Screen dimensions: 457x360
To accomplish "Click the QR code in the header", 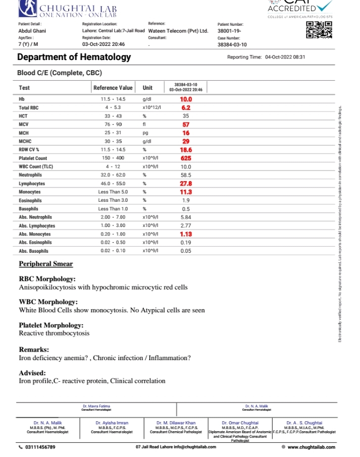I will (320, 29).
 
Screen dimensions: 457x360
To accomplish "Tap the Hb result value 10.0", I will (186, 99).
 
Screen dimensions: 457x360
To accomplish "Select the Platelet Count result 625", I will (186, 158).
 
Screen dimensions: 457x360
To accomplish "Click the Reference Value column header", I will (113, 88).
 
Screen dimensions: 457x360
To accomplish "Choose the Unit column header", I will (147, 88).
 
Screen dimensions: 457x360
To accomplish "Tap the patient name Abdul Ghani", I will (32, 31).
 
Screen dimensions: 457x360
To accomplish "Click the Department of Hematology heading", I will (74, 57).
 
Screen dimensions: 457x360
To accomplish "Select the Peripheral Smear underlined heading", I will (46, 264).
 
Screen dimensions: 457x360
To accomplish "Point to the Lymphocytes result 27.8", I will (186, 184).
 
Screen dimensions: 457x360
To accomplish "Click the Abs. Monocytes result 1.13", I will (186, 234).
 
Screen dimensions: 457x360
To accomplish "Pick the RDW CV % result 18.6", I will (186, 150).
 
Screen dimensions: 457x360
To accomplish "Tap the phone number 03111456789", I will (40, 447).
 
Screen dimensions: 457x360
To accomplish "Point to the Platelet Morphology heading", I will (51, 325).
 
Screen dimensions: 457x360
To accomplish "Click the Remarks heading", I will (34, 350).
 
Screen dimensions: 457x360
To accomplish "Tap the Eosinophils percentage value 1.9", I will (186, 200).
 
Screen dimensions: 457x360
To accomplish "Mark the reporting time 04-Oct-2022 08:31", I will (286, 58).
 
